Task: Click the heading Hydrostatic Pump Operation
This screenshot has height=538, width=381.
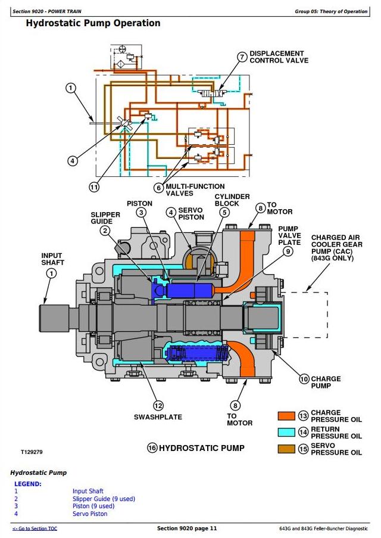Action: (93, 23)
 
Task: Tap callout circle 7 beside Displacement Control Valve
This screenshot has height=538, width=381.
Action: (242, 57)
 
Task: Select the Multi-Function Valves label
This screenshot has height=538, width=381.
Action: (187, 190)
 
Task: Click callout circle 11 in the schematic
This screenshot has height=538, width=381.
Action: (93, 187)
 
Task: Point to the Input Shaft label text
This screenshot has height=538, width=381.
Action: (52, 259)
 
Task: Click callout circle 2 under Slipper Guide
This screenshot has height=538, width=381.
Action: (105, 231)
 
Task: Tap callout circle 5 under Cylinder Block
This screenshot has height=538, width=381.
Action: (224, 212)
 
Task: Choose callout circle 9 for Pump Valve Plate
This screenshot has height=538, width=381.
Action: (288, 251)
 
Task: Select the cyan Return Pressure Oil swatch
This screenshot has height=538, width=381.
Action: (287, 432)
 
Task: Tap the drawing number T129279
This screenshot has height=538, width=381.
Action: (32, 453)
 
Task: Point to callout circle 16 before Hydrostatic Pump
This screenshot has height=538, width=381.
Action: (151, 448)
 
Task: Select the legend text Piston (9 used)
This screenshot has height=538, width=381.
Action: (93, 506)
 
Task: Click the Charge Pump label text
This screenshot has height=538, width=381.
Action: (326, 382)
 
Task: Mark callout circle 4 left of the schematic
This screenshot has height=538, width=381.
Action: (71, 160)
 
